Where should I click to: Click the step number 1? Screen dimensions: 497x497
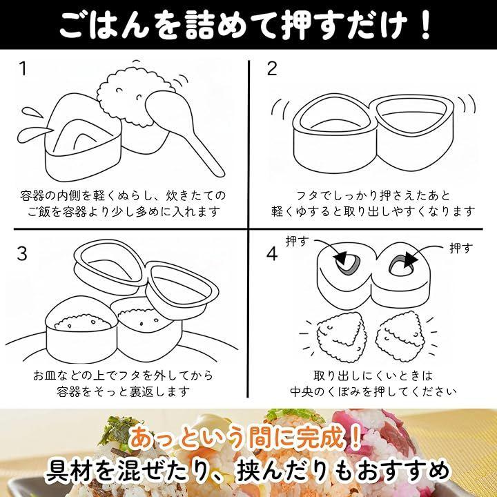(x=23, y=68)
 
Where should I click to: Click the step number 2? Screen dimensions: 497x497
(x=272, y=68)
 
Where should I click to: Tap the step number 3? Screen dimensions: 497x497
(x=22, y=253)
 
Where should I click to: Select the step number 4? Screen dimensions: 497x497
(x=272, y=254)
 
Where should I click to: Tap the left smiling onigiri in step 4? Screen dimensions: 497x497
(x=342, y=336)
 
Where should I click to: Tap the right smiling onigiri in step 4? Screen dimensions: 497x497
(x=402, y=335)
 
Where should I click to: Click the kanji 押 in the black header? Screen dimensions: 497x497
(x=297, y=25)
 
